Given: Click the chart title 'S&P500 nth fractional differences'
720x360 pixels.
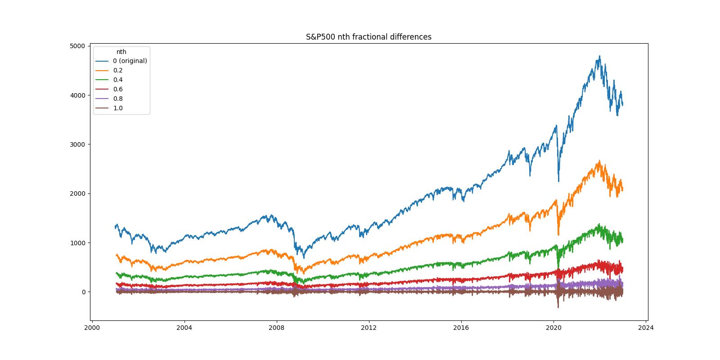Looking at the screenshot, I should [369, 37].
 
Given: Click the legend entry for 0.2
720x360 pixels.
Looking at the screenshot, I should [118, 70].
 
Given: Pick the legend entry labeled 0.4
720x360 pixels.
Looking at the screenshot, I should [118, 80].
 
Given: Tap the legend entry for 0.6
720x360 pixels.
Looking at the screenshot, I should [118, 89].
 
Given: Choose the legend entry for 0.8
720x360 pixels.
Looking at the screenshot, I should [118, 99].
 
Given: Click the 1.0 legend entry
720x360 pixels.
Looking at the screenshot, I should [118, 108].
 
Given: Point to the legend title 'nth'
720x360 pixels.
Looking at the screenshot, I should [121, 52].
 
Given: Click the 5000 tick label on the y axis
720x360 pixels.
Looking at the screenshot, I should [77, 46].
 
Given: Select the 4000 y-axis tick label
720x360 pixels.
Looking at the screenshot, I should [77, 95].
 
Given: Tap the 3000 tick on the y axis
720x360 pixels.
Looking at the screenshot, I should [77, 144].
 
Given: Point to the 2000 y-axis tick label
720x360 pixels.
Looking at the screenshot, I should [77, 193].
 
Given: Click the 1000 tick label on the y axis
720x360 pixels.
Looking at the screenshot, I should [77, 243].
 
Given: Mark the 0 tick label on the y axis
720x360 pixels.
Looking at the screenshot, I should [83, 292].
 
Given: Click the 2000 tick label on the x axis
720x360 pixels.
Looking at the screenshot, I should [92, 328].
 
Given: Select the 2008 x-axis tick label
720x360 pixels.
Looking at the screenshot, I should [277, 328].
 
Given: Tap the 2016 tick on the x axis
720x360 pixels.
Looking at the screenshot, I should [461, 328].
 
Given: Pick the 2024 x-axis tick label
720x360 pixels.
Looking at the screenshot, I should [646, 328].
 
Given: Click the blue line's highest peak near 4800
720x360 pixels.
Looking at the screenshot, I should [599, 56].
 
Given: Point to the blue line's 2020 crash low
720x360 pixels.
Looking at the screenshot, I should [559, 181].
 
